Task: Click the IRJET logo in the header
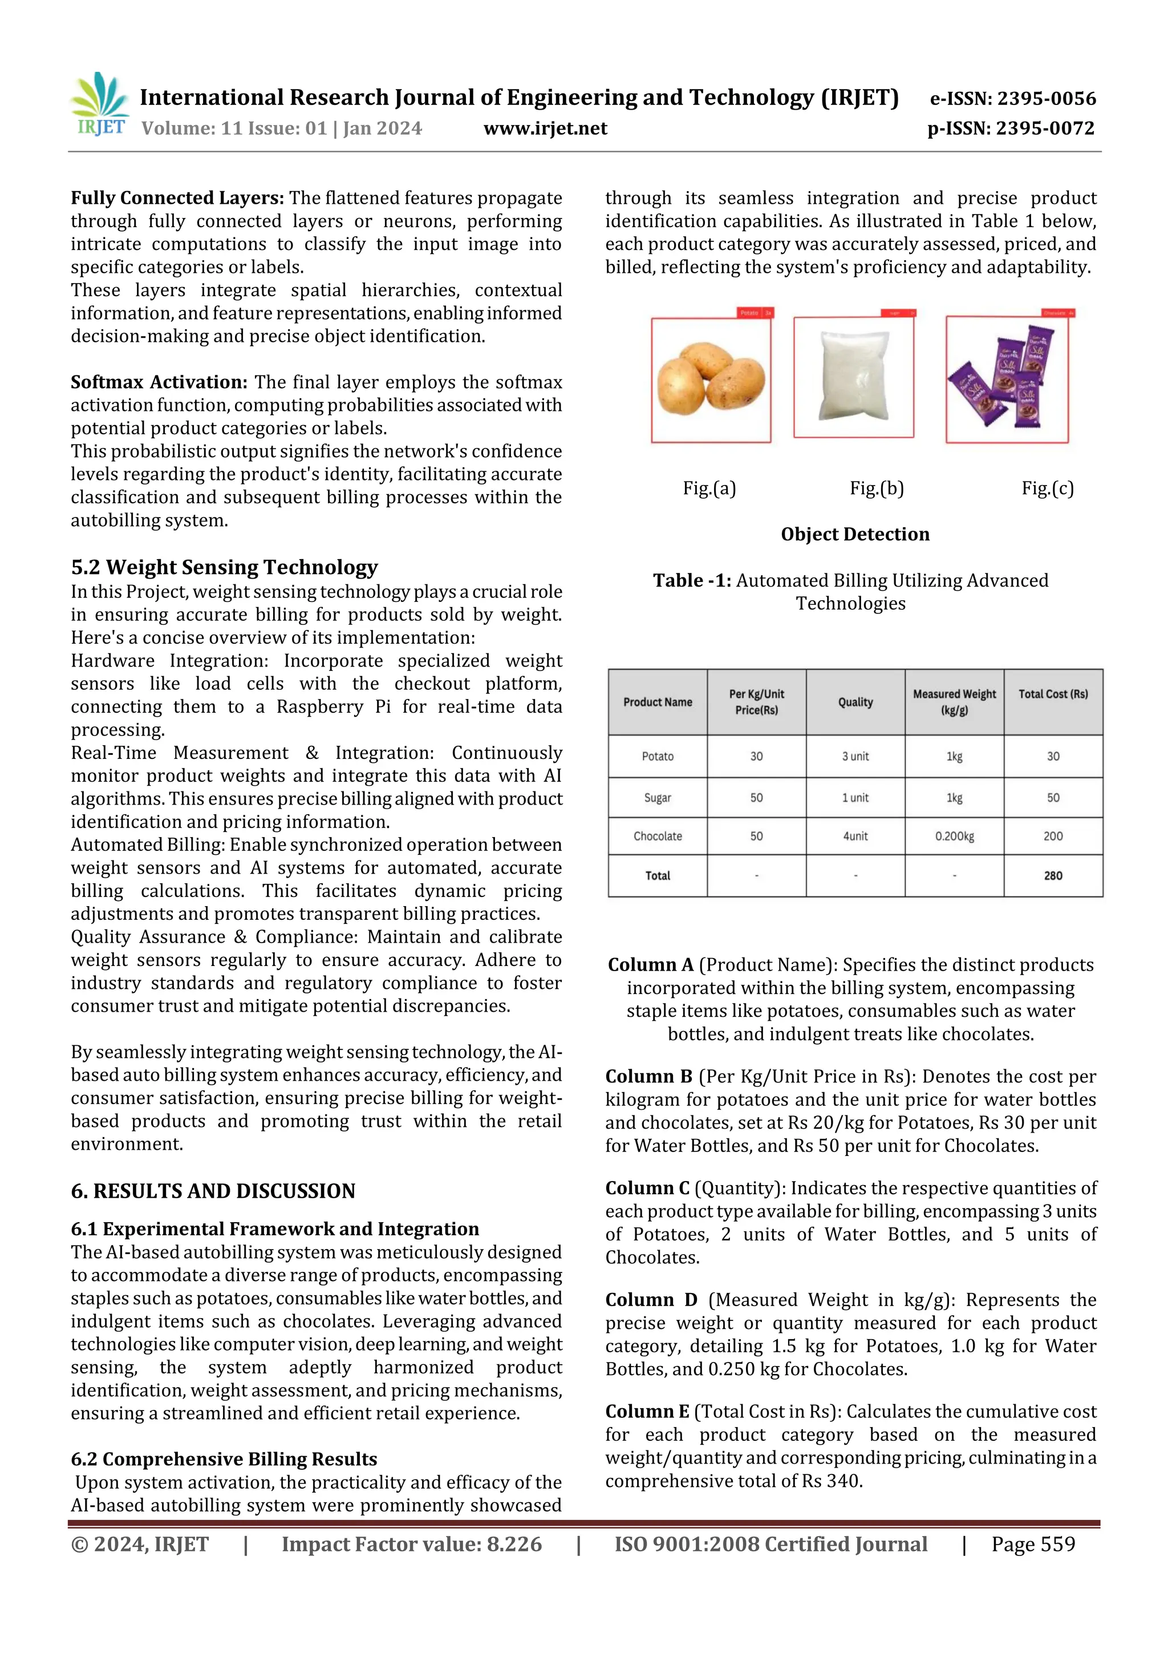[x=100, y=105]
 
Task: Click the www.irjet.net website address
[x=545, y=128]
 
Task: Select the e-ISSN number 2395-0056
[x=1012, y=99]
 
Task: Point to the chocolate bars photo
[x=1007, y=379]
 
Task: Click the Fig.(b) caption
[x=876, y=488]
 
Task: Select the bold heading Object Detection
[x=854, y=534]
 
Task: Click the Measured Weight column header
[x=954, y=702]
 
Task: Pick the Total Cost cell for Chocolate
[x=1052, y=836]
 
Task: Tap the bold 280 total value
[x=1052, y=875]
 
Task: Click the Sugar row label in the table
[x=657, y=798]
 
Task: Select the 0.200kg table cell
[x=954, y=836]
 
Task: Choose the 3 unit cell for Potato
[x=855, y=756]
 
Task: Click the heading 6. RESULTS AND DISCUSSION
[x=213, y=1191]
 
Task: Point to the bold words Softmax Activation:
[x=159, y=382]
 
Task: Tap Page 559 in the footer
[x=1033, y=1543]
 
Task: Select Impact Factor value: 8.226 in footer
[x=411, y=1543]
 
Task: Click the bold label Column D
[x=651, y=1299]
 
